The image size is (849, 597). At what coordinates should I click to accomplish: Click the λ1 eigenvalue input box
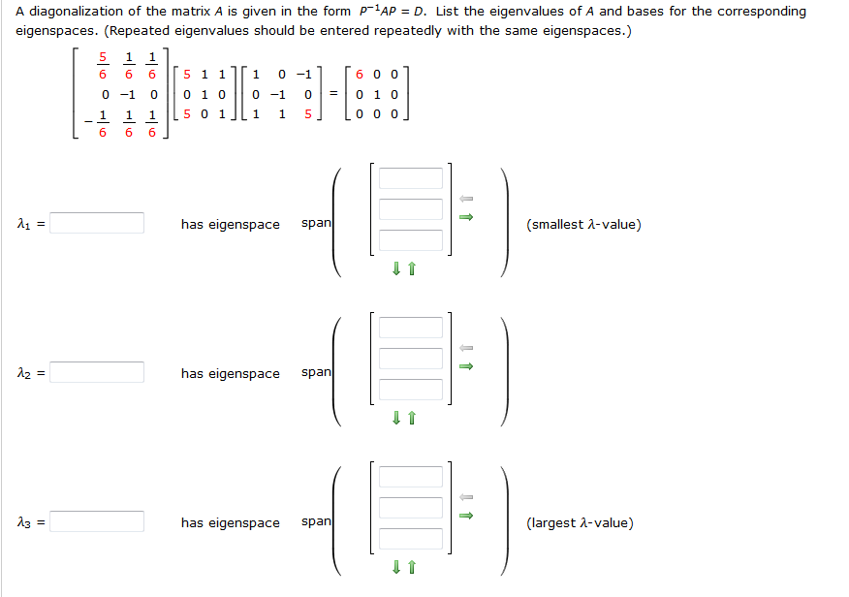click(x=97, y=223)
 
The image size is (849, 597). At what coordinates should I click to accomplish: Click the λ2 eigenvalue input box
click(x=97, y=372)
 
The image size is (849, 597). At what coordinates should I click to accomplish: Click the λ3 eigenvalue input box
click(x=97, y=521)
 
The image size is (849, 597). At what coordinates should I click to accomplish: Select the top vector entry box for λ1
click(x=410, y=178)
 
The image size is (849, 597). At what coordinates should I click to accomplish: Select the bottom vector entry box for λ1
click(x=410, y=240)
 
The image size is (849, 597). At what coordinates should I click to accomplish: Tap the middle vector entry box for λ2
click(x=410, y=359)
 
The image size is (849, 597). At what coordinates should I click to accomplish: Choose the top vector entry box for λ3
click(x=410, y=477)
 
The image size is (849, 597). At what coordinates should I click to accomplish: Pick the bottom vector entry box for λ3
click(x=410, y=539)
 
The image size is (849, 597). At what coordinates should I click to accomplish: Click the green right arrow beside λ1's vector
click(x=466, y=217)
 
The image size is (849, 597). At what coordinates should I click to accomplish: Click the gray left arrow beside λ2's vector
click(x=466, y=348)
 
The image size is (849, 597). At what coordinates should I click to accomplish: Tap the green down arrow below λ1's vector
click(x=396, y=268)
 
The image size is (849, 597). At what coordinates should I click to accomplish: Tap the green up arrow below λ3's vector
click(x=412, y=567)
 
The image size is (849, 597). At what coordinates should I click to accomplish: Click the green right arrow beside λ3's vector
click(x=466, y=516)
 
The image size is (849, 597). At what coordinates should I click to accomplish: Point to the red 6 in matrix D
click(x=359, y=75)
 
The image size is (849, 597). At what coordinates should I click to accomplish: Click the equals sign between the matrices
click(x=333, y=94)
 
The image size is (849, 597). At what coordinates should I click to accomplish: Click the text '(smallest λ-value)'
click(x=583, y=224)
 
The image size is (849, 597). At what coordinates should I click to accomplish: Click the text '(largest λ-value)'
click(x=580, y=522)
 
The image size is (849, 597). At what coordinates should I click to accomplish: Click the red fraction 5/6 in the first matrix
click(x=103, y=66)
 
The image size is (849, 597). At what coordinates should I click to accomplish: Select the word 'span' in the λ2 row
click(x=316, y=372)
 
